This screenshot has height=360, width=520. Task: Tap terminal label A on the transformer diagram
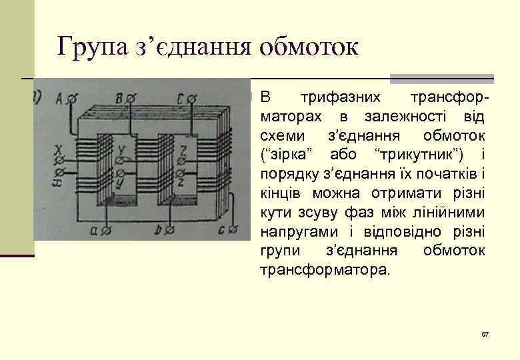point(59,99)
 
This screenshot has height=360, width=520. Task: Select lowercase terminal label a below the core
point(97,230)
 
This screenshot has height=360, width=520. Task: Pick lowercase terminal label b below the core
point(159,230)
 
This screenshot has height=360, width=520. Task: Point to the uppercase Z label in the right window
point(183,149)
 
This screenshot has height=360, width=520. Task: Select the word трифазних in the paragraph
point(340,97)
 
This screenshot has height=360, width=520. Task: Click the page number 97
point(485,333)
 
